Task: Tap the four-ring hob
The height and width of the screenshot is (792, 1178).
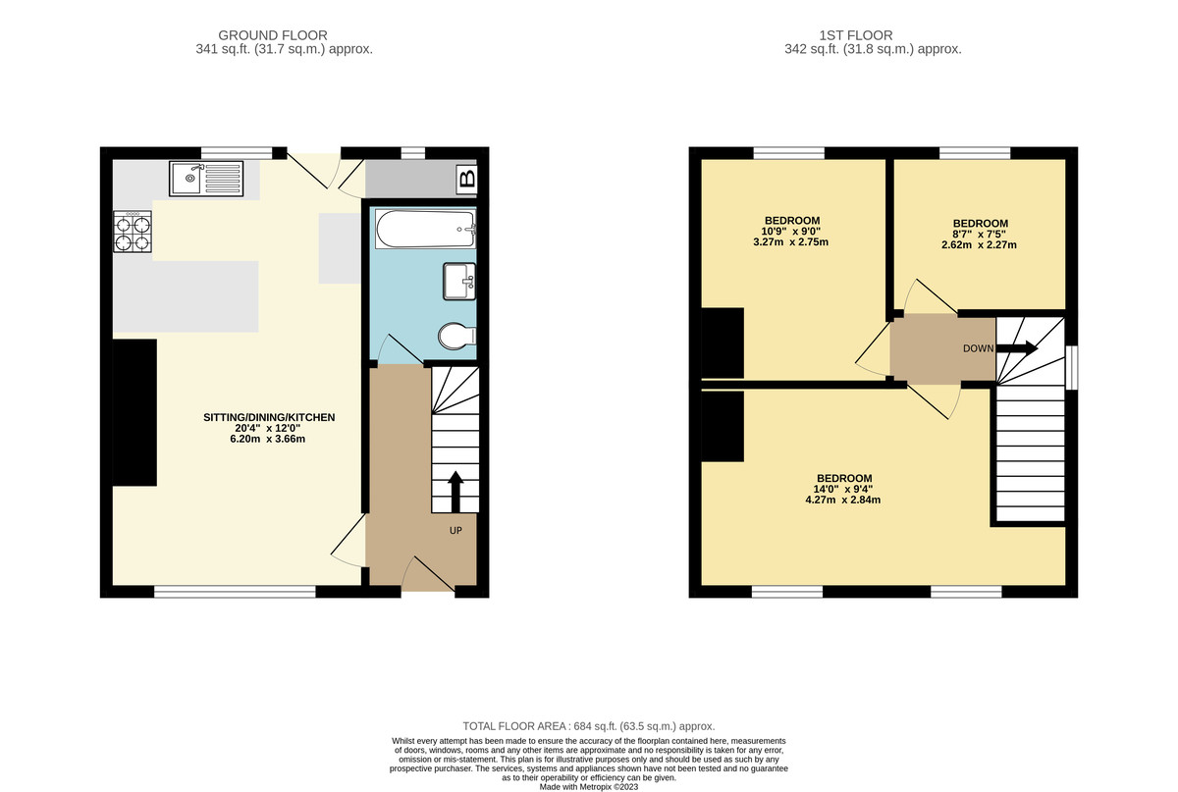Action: coord(133,233)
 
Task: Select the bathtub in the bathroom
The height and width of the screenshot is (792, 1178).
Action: coord(424,228)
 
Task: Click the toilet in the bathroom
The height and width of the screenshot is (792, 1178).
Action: coord(456,338)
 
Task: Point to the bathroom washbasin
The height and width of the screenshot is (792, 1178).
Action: coord(459,281)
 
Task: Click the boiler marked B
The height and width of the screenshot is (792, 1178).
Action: coord(467,179)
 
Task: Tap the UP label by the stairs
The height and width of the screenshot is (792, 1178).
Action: coord(455,530)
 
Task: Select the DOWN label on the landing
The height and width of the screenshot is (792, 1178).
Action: coord(978,348)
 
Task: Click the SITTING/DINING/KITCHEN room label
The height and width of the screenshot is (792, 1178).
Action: coord(269,417)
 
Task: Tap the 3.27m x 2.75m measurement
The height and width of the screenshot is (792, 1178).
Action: coord(791,241)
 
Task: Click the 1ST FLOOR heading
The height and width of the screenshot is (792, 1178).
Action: coord(873,35)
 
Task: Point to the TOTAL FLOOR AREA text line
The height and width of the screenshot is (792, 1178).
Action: coord(588,727)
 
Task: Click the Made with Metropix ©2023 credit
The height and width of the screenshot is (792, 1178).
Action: coord(588,786)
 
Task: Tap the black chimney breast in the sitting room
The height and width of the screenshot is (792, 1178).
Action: coord(134,412)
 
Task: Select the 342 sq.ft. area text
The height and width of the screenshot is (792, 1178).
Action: coord(873,49)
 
